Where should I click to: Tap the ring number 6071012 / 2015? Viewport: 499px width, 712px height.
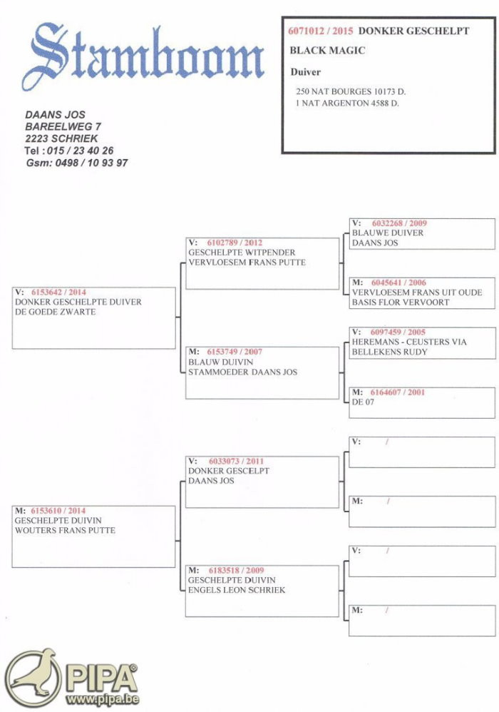point(321,31)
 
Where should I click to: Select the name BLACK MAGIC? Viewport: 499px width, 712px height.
point(327,51)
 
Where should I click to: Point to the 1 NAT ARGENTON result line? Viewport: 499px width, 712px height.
point(347,103)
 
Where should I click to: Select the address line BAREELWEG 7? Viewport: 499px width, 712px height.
point(63,126)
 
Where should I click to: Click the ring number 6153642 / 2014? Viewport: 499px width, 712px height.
point(58,293)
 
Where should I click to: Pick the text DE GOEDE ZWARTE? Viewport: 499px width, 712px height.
point(55,312)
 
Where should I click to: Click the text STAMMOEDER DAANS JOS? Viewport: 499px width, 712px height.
point(242,372)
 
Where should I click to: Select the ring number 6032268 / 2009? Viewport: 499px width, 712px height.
point(399,223)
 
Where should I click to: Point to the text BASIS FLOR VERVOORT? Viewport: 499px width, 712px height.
point(401,302)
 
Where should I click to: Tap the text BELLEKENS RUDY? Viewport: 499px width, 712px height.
point(389,352)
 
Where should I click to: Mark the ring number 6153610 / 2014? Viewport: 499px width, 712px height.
point(58,511)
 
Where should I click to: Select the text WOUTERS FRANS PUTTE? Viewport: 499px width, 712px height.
point(65,530)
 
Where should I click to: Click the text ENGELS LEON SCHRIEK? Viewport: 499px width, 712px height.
point(237,590)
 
